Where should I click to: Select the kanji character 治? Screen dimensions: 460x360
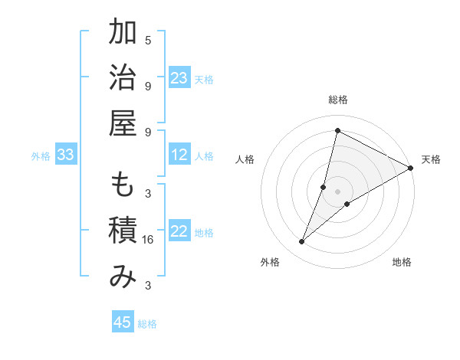[123, 77]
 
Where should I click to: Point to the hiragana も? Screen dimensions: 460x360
[123, 186]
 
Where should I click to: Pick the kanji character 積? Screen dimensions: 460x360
[123, 231]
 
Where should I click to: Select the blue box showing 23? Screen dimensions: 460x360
[179, 78]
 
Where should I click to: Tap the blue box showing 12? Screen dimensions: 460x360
[179, 155]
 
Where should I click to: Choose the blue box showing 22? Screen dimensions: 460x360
[179, 232]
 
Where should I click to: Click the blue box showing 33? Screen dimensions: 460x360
[65, 155]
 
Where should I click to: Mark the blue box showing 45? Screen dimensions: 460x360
[123, 322]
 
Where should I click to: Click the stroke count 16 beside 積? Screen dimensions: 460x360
[149, 240]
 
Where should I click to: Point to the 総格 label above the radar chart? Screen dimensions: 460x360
[338, 100]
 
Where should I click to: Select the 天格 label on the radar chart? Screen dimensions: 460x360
[431, 159]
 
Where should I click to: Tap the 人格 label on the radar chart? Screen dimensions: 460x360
[245, 159]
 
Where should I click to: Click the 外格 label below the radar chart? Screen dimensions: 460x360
[270, 262]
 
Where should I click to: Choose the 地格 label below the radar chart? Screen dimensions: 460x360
[402, 262]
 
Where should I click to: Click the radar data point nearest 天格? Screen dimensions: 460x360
[410, 168]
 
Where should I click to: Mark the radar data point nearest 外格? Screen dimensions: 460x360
[302, 242]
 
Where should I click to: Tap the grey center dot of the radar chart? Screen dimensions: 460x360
[338, 191]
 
